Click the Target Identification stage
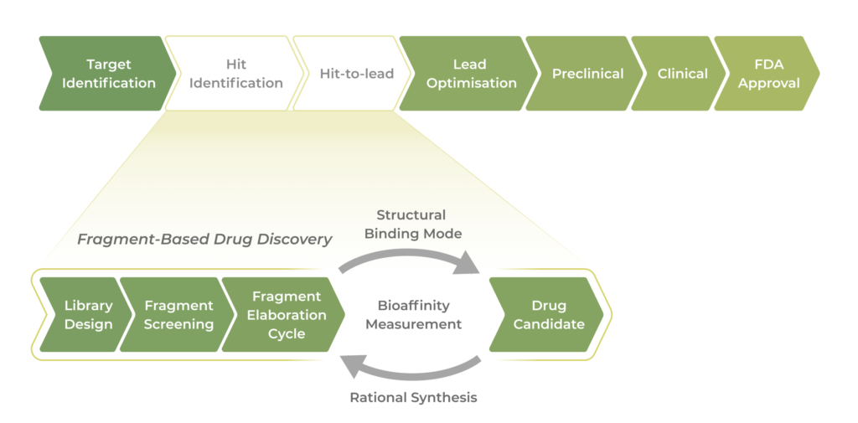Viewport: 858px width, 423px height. point(107,74)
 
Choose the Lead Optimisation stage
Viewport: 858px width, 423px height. point(469,74)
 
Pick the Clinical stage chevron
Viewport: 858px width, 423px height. point(680,74)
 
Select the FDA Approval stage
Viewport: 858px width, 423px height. point(767,74)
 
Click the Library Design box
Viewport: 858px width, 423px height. point(86,315)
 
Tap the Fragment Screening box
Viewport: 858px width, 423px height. point(177,315)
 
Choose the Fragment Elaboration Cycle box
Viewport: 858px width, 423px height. point(285,315)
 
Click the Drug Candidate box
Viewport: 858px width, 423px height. point(547,315)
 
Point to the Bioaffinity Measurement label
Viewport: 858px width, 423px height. point(413,315)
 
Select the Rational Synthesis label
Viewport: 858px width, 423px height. point(413,397)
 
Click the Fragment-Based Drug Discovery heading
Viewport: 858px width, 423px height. point(204,240)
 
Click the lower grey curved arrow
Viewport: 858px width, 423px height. point(411,369)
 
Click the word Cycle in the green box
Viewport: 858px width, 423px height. point(287,333)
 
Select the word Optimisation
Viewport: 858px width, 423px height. point(472,83)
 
